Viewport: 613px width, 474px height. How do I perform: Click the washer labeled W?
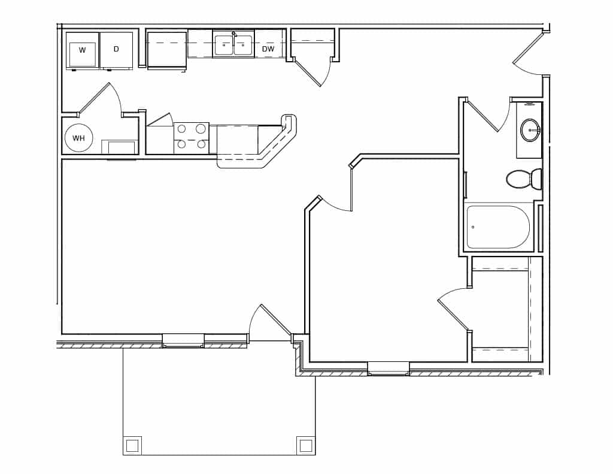[x=82, y=50]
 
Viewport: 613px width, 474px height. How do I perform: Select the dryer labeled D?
[x=116, y=49]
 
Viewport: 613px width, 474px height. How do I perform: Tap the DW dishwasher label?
[x=268, y=49]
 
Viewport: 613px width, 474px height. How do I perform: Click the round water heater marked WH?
[x=78, y=138]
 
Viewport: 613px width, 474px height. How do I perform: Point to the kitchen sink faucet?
[x=234, y=34]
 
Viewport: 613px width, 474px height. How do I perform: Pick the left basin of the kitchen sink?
[x=224, y=46]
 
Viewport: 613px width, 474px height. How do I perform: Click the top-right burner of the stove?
[x=201, y=129]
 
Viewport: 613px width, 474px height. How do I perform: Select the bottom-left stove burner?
[x=181, y=144]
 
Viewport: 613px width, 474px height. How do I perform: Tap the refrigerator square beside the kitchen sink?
[x=167, y=49]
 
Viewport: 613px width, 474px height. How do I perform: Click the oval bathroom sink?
[x=530, y=130]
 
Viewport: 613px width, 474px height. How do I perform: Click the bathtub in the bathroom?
[x=498, y=227]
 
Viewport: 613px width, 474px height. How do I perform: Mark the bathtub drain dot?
[x=473, y=227]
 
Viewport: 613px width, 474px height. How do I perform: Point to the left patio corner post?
[x=132, y=445]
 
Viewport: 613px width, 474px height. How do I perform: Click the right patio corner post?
[x=305, y=445]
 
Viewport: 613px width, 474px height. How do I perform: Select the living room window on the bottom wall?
[x=183, y=340]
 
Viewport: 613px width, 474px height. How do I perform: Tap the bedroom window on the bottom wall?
[x=389, y=368]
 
